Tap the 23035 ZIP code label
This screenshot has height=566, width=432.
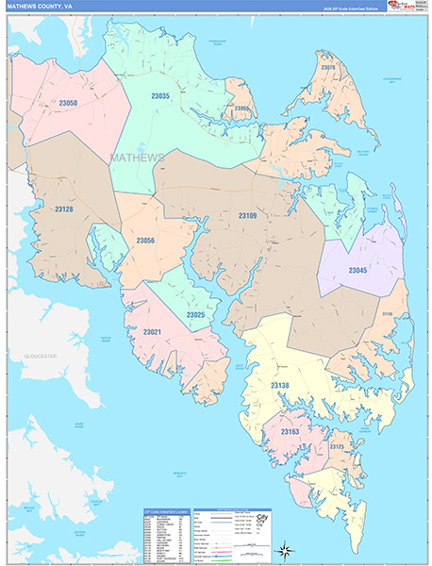[161, 96]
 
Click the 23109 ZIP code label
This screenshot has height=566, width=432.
[247, 217]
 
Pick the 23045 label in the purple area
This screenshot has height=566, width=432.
[358, 271]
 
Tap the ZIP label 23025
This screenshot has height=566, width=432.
[196, 314]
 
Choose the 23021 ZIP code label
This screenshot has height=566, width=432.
[152, 333]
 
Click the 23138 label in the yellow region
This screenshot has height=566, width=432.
[282, 386]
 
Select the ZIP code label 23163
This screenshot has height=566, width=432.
[291, 431]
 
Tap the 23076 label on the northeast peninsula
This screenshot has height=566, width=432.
[328, 68]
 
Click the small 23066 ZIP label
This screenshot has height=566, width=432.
[242, 108]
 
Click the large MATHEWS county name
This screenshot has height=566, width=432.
[138, 157]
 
